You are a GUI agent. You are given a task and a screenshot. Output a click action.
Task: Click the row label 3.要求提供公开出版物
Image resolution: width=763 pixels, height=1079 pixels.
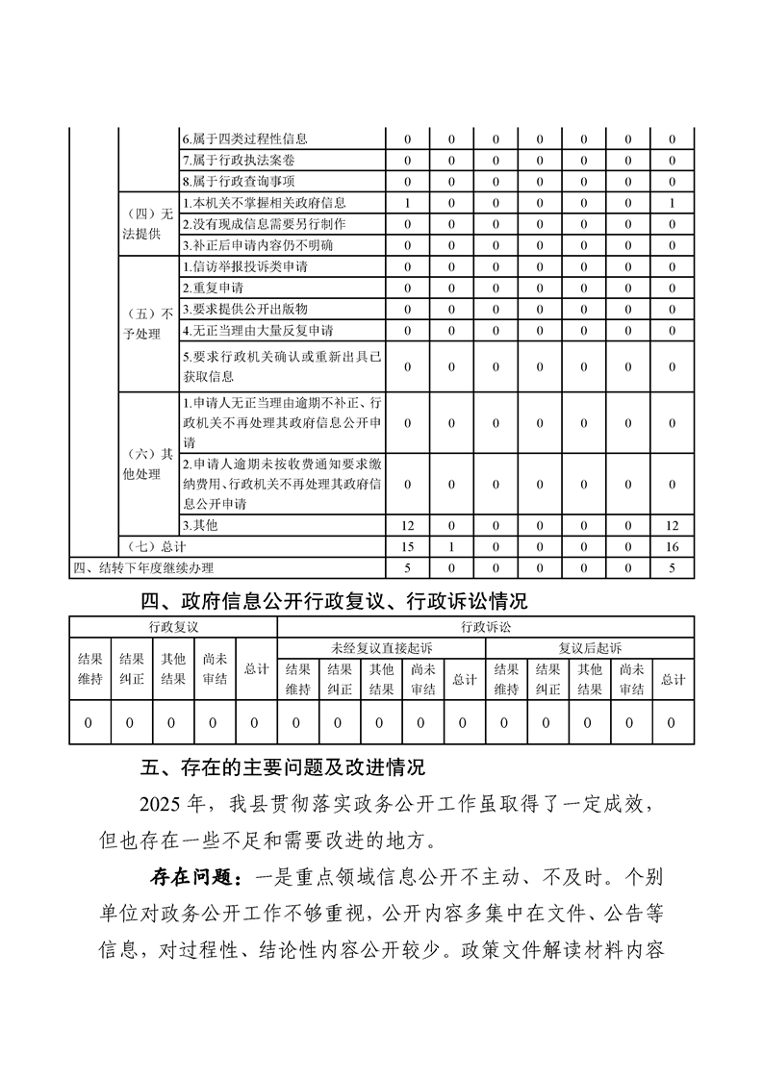coord(244,309)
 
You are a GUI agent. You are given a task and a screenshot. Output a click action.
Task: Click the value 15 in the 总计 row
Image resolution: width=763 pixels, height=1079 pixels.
coord(408,546)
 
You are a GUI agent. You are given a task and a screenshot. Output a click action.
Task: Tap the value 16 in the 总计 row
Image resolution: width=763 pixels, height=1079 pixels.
coord(672,546)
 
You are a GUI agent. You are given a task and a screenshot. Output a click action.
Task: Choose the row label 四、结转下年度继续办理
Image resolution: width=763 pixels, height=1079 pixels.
coord(144,567)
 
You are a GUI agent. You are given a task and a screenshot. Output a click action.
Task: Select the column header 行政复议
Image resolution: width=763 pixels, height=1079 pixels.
coord(173,626)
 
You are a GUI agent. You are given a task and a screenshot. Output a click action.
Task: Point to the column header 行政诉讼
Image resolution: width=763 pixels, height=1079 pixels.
coord(485,626)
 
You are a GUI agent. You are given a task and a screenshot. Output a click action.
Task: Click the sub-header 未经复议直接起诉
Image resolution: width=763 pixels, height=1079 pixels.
coord(381,647)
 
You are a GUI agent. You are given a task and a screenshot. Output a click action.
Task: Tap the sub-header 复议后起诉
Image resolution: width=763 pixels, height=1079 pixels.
coord(589,647)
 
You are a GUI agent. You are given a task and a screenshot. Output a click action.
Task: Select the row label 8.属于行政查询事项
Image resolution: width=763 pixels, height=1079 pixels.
coord(239,181)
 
